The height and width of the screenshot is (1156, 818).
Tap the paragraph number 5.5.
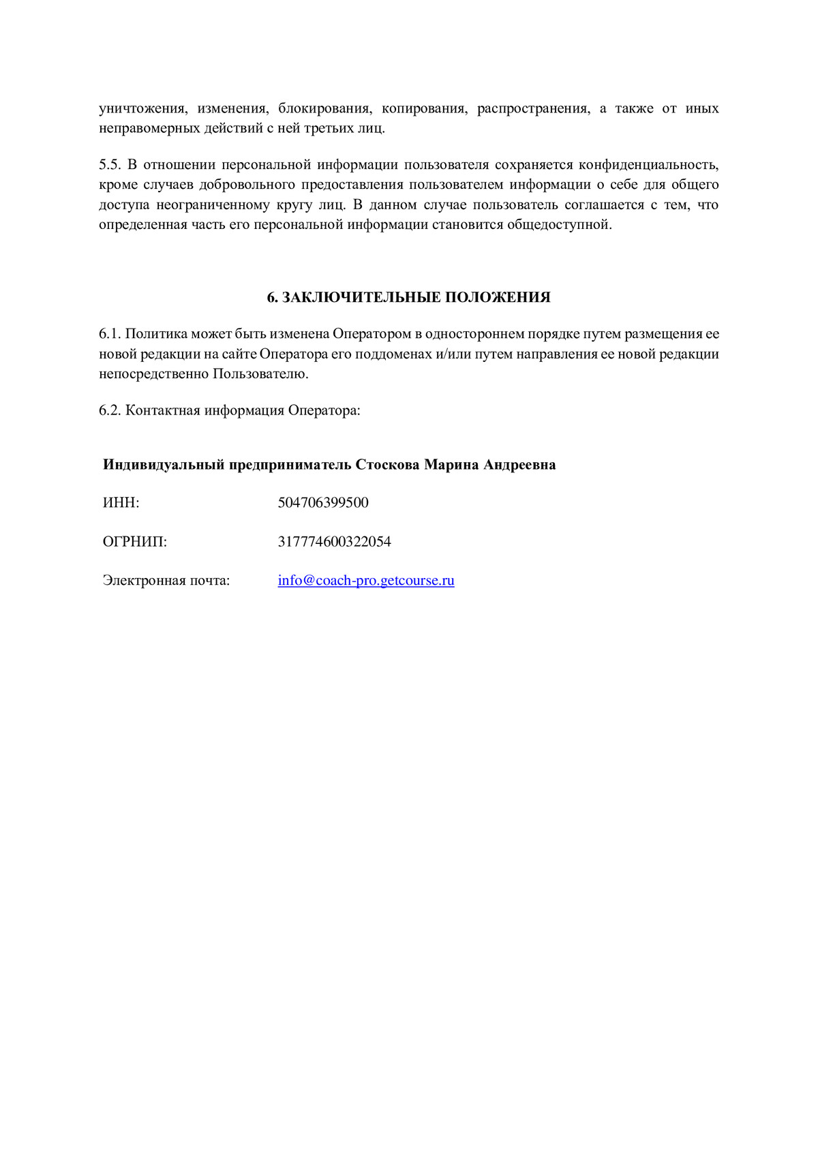click(x=110, y=164)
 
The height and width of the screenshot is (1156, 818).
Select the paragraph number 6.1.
click(x=110, y=334)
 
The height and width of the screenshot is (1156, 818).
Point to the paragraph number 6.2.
click(x=110, y=410)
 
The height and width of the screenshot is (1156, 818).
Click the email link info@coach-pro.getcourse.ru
click(x=366, y=581)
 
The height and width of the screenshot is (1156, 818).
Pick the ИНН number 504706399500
click(x=323, y=503)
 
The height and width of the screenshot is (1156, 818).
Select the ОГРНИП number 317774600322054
click(x=334, y=542)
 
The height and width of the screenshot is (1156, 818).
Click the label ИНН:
click(x=121, y=503)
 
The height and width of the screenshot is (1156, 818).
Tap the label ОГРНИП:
click(x=134, y=542)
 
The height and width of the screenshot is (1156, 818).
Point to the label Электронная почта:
click(x=166, y=581)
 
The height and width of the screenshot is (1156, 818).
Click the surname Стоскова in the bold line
click(x=387, y=465)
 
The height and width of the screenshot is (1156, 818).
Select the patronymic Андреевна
click(x=519, y=465)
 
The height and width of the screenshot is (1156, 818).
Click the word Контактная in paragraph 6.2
click(x=163, y=410)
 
